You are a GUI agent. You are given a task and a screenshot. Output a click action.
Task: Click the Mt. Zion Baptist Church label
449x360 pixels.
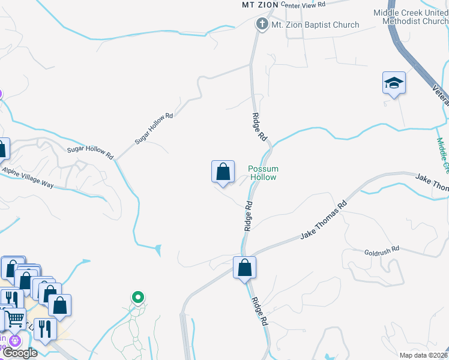315,25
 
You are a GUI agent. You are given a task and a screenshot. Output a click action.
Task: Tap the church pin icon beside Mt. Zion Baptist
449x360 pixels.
261,25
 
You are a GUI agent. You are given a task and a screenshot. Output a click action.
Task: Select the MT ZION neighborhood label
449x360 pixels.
260,5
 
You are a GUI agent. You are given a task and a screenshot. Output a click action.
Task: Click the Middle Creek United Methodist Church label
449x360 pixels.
411,17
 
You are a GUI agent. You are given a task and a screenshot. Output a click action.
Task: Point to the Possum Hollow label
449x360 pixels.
263,173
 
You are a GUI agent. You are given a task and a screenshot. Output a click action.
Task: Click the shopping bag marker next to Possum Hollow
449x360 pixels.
223,172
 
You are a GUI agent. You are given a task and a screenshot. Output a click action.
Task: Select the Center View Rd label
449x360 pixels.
303,4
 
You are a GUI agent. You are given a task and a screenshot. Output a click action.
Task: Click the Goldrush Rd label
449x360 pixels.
381,250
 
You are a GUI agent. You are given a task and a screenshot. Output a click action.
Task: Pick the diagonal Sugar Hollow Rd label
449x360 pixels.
154,128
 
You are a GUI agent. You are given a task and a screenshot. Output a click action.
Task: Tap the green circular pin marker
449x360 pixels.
138,296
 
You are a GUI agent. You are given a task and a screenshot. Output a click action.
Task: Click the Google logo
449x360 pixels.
19,353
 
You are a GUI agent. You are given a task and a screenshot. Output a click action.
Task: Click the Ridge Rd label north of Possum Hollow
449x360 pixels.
259,127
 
